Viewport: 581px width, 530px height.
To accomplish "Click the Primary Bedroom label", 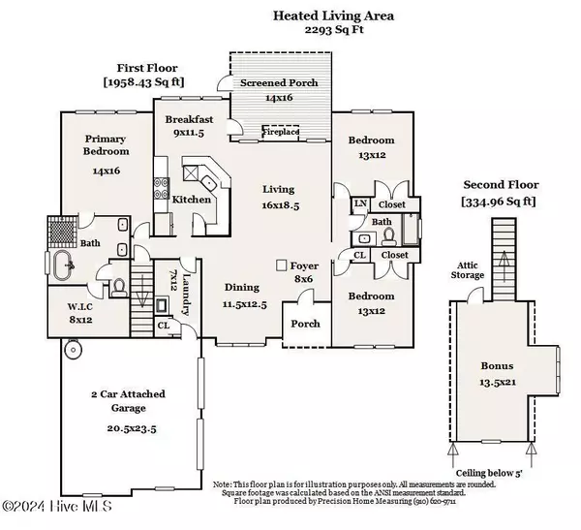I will (105, 144).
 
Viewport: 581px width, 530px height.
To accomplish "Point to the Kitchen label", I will (191, 200).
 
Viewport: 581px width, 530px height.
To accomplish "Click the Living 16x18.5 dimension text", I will (284, 205).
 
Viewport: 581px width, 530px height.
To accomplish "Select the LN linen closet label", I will (359, 203).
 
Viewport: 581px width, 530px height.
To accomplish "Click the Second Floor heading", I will (501, 184).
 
